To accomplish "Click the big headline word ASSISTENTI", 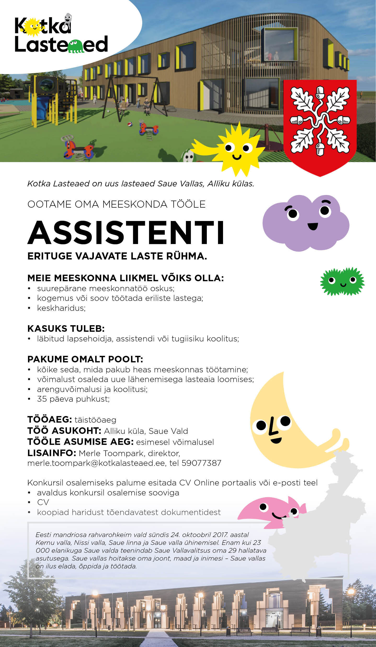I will click(x=126, y=232).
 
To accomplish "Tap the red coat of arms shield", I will click(x=320, y=126).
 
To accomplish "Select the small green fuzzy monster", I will click(x=342, y=281).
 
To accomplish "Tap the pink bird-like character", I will click(x=272, y=511).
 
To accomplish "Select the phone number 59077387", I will click(x=201, y=463).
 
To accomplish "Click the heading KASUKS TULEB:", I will click(x=66, y=328).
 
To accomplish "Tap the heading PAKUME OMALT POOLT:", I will click(x=85, y=359).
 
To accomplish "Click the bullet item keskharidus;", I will click(x=61, y=308).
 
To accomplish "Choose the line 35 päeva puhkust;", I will click(x=73, y=399).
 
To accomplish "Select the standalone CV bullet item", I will click(x=43, y=502).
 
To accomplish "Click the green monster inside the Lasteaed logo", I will click(x=76, y=46).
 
